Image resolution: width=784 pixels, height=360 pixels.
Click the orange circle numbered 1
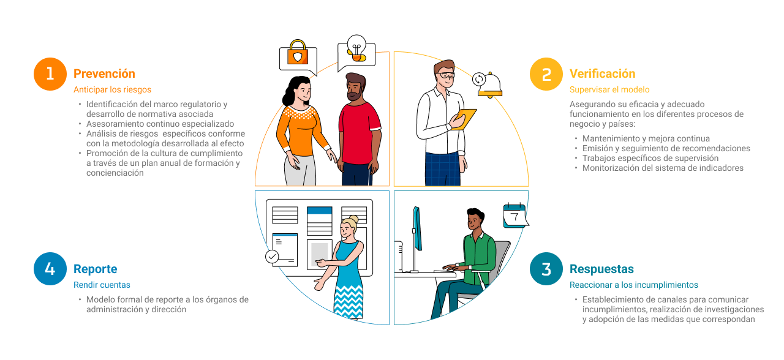[50, 74]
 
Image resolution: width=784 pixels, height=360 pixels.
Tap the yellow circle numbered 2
[546, 74]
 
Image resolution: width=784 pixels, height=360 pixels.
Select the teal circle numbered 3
[546, 269]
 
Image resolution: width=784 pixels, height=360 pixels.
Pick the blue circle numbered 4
[50, 269]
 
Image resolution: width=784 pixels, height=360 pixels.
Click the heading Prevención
[104, 74]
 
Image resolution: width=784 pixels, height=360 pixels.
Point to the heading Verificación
[602, 74]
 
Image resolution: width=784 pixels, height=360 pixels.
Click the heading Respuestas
[601, 269]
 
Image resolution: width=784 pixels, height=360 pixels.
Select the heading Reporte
[95, 269]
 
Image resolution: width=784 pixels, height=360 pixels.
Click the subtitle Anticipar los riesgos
[112, 89]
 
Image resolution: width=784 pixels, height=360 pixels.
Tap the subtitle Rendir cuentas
[102, 285]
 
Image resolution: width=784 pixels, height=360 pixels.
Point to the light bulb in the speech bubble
[356, 48]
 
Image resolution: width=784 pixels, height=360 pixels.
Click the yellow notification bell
[489, 84]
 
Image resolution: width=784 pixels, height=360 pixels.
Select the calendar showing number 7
[515, 216]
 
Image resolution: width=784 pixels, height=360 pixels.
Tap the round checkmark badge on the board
[272, 257]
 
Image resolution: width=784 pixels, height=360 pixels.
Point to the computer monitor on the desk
[417, 228]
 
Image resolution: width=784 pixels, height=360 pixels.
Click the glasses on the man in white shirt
[445, 75]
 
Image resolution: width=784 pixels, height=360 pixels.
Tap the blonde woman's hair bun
[353, 220]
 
